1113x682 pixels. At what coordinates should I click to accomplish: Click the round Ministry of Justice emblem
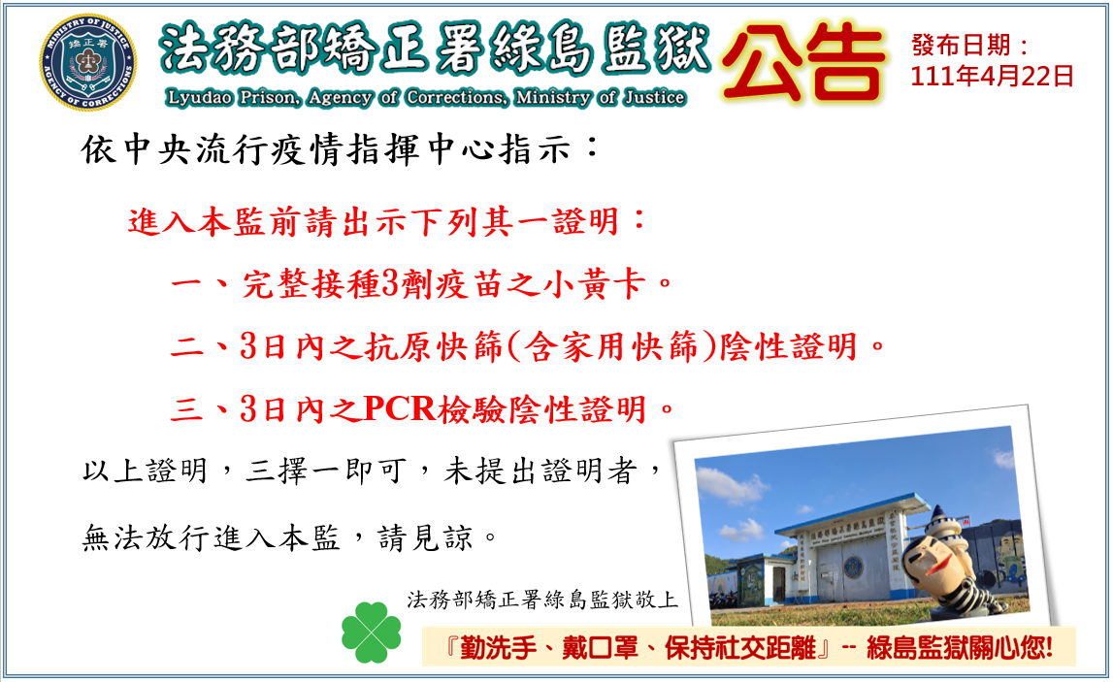(88, 62)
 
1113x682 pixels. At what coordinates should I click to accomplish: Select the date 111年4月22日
(992, 76)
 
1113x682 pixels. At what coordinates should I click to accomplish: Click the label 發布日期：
(970, 46)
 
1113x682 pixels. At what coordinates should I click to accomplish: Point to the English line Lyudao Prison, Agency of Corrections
(425, 97)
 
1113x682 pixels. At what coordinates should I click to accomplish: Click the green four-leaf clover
(372, 633)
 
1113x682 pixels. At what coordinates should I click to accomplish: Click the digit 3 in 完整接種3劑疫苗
(390, 284)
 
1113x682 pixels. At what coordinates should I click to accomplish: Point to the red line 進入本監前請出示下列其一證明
(387, 221)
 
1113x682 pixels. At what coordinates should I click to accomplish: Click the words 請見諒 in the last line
(425, 537)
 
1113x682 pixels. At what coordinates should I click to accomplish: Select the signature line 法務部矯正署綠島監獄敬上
(542, 600)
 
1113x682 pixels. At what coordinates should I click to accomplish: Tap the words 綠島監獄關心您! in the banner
(959, 648)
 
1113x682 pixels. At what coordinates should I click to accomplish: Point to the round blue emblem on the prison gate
(853, 567)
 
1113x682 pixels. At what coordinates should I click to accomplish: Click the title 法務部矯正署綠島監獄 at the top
(435, 49)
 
